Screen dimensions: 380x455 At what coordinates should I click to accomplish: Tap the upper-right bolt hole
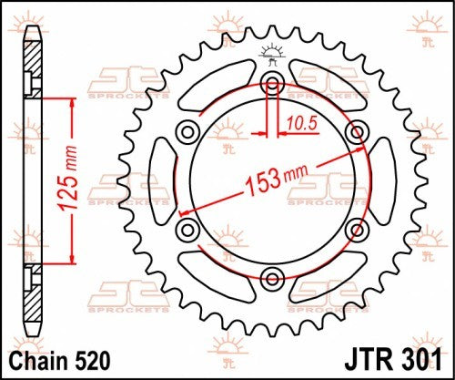(x=355, y=133)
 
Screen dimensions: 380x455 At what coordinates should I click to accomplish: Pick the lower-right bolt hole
(x=355, y=229)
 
